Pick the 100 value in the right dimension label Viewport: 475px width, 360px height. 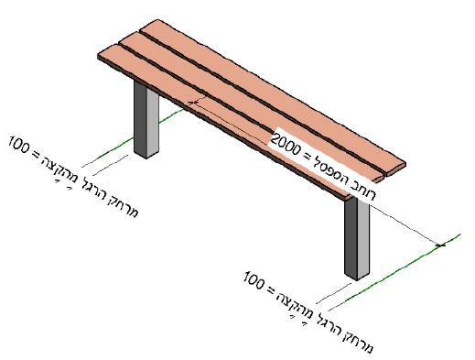tap(254, 279)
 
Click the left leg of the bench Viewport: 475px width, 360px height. tap(146, 119)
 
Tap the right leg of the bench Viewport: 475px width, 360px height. tap(357, 238)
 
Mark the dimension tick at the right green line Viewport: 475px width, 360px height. tap(440, 245)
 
